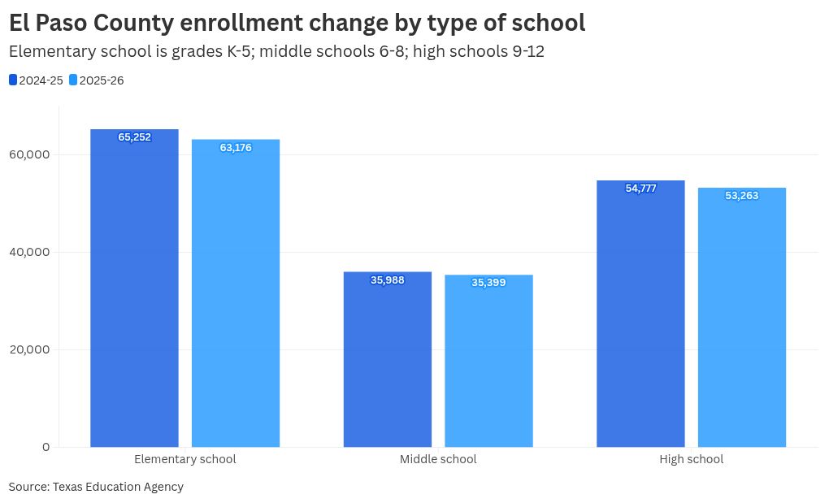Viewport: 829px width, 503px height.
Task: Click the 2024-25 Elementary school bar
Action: pyautogui.click(x=134, y=293)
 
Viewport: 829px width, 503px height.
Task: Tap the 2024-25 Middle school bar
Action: pyautogui.click(x=388, y=362)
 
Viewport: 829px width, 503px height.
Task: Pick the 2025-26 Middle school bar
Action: pyautogui.click(x=488, y=364)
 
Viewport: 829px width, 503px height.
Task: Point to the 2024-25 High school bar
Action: pyautogui.click(x=640, y=317)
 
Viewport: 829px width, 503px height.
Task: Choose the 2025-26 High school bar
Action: pyautogui.click(x=742, y=321)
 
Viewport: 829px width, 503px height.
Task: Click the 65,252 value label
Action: pyautogui.click(x=134, y=137)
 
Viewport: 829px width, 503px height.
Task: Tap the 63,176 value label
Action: pyautogui.click(x=236, y=148)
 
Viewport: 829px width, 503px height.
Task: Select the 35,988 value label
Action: pyautogui.click(x=388, y=280)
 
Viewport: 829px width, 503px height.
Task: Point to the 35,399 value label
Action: pyautogui.click(x=488, y=283)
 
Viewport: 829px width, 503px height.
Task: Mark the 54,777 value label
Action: pyautogui.click(x=640, y=189)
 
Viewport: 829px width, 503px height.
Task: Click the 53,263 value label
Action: pyautogui.click(x=742, y=196)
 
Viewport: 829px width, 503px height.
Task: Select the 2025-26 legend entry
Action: pyautogui.click(x=97, y=80)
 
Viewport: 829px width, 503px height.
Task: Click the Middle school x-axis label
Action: pyautogui.click(x=438, y=459)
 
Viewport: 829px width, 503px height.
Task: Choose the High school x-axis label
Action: pyautogui.click(x=691, y=459)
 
